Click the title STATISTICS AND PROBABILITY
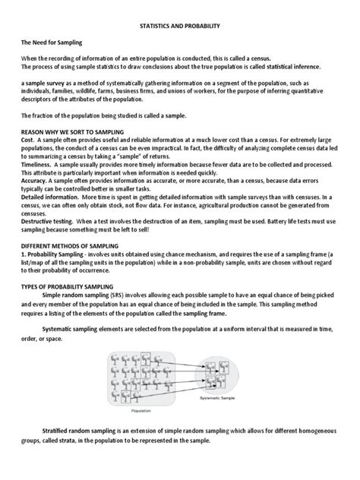tap(179, 26)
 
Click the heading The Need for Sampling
tap(52, 46)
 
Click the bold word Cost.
tap(28, 141)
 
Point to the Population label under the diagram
tap(141, 410)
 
